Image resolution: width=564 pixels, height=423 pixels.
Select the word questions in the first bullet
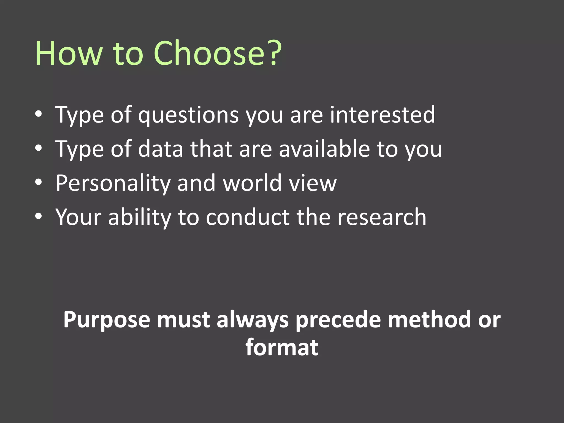point(188,115)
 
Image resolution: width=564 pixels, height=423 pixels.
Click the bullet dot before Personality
point(39,182)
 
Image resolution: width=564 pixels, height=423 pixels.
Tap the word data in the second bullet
point(161,149)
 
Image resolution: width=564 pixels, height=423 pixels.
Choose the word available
point(324,149)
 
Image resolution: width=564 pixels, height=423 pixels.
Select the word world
point(252,183)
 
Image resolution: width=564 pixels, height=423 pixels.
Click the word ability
point(140,218)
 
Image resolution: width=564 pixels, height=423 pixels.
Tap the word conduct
point(248,217)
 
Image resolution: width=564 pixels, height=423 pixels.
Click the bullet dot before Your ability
point(39,216)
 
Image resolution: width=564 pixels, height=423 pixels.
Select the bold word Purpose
point(107,320)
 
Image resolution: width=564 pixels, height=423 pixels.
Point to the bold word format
point(282,347)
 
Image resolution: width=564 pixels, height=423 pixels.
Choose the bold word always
point(253,320)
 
